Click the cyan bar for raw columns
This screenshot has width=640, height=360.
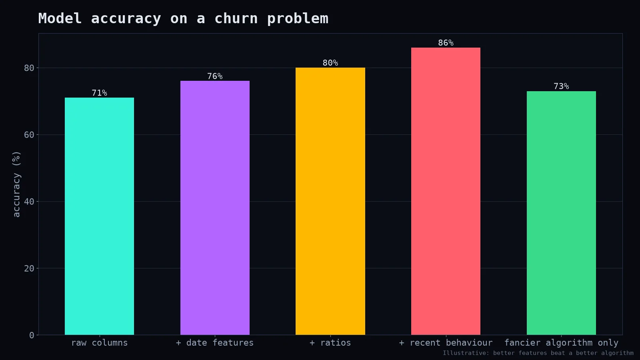[x=100, y=216]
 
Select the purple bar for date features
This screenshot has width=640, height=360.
[x=215, y=208]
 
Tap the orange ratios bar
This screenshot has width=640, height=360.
[x=330, y=201]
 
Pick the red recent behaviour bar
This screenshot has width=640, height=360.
[x=446, y=191]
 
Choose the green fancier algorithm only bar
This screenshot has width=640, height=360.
[x=561, y=213]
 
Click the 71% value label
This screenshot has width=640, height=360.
[x=100, y=93]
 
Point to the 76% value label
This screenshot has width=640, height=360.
[x=215, y=76]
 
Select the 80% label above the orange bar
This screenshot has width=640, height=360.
[x=330, y=63]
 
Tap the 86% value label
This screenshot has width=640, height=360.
[x=446, y=43]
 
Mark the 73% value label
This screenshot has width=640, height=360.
[x=561, y=86]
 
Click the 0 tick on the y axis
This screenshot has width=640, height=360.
[x=32, y=335]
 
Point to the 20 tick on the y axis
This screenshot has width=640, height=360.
[x=29, y=268]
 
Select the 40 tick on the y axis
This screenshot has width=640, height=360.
[x=29, y=202]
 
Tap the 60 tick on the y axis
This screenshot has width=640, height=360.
[x=29, y=134]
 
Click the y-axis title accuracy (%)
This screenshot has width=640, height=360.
[x=16, y=184]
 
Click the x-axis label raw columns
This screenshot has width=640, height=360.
[x=100, y=342]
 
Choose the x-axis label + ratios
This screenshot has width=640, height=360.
[x=330, y=342]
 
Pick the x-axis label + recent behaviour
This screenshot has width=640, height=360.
[x=446, y=342]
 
